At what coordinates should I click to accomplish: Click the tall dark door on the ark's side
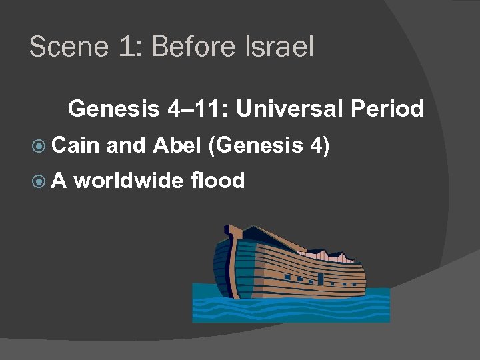(320, 278)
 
